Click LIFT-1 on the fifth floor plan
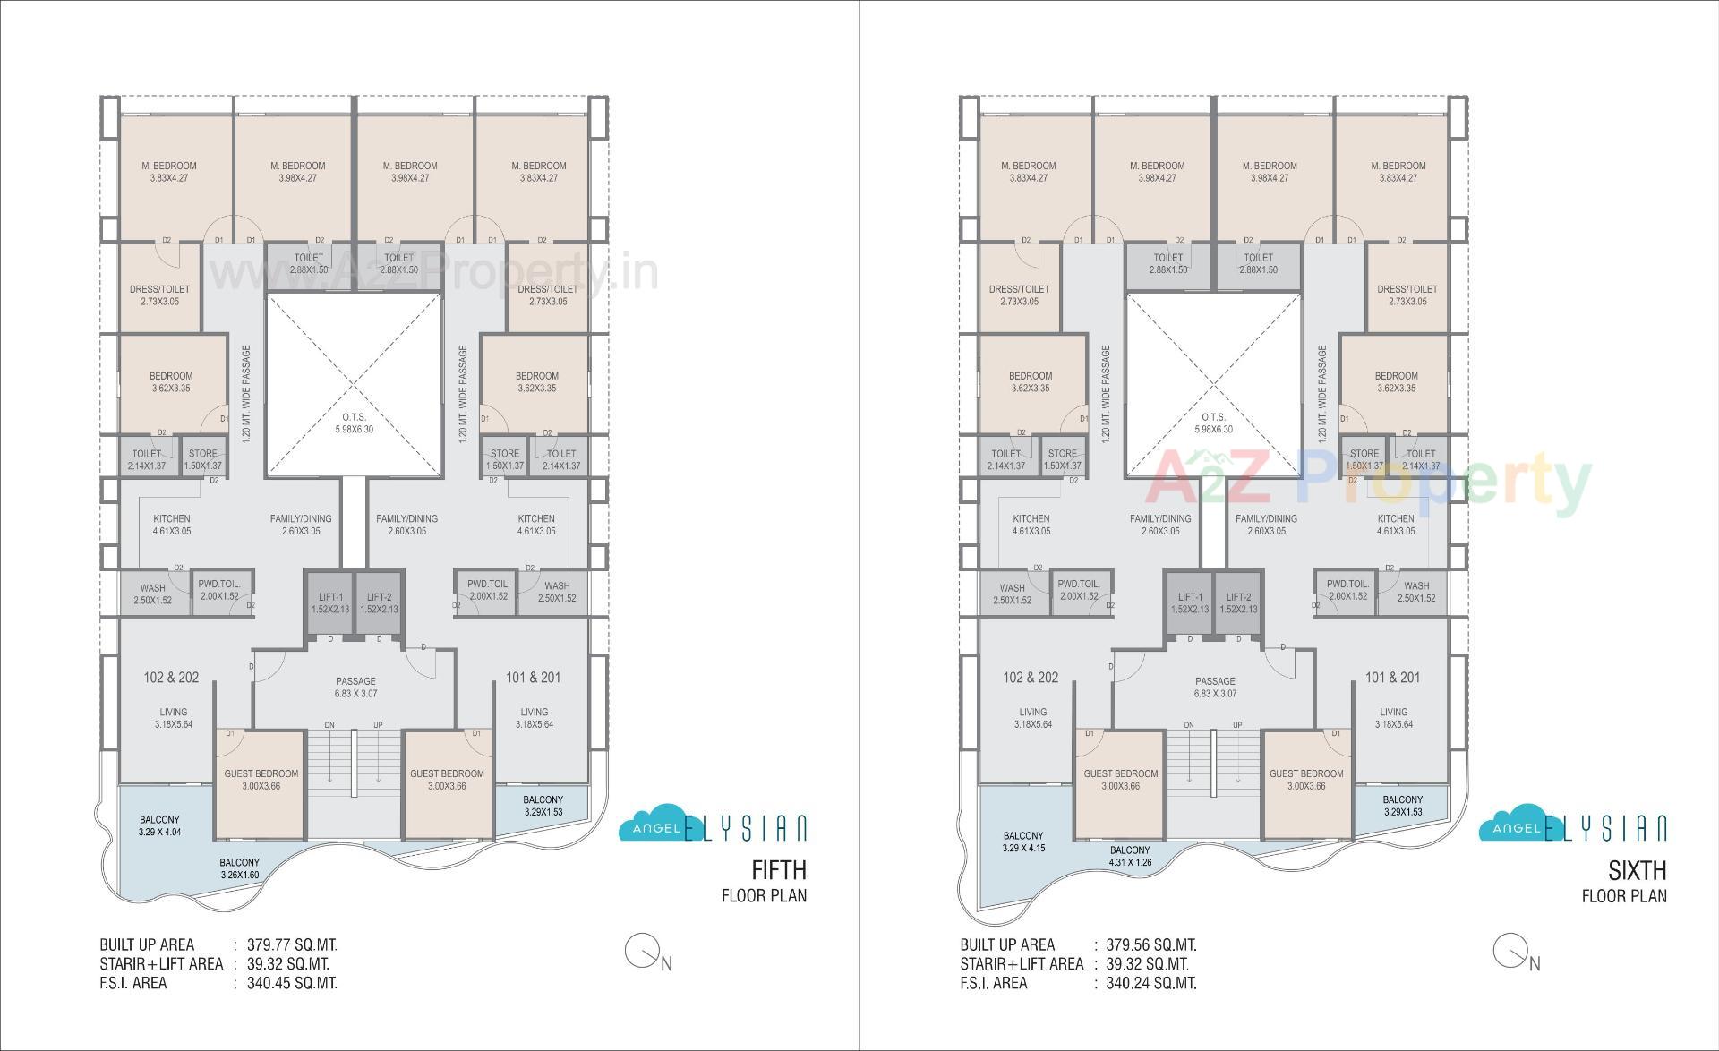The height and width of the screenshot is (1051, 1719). (330, 602)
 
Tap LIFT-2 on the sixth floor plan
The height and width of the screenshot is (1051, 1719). (1238, 602)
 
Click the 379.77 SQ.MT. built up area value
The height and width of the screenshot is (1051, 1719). (292, 944)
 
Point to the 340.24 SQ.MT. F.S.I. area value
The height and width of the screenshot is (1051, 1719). (1151, 983)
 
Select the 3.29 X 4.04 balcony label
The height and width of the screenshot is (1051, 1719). (159, 826)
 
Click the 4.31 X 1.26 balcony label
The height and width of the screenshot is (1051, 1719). (1130, 857)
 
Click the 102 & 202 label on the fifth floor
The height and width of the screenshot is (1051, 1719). (171, 678)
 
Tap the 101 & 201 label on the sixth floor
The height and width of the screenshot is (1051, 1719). (1392, 678)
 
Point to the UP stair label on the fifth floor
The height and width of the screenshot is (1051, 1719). (378, 725)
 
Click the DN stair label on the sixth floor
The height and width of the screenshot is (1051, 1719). (1189, 725)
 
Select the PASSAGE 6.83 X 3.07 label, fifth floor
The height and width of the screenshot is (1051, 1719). (355, 688)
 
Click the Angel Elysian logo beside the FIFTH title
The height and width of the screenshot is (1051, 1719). (713, 828)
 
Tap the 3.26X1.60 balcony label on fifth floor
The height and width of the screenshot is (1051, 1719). (239, 869)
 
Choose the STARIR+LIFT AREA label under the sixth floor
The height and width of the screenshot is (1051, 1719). (1021, 964)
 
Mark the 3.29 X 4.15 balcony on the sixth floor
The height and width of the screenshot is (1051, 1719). (1022, 842)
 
